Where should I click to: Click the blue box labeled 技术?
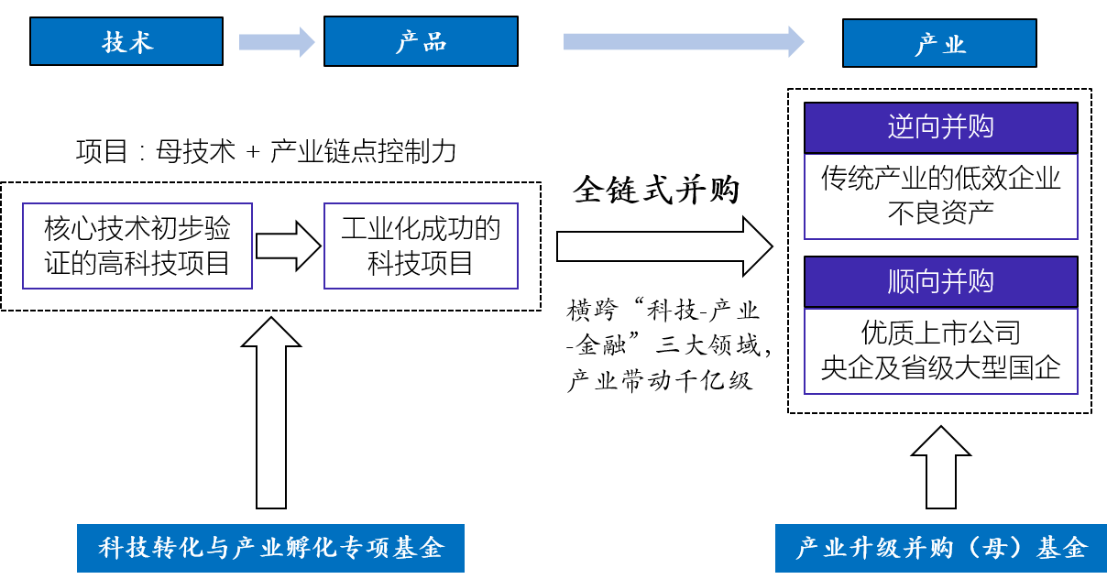click(126, 42)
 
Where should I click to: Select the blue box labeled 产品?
click(421, 42)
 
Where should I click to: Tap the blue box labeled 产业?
click(939, 43)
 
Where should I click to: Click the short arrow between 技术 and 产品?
click(276, 42)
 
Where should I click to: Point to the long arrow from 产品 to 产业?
click(683, 41)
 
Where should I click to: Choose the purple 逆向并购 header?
click(940, 127)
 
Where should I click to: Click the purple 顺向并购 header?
click(940, 281)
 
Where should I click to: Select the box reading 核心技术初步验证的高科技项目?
click(137, 246)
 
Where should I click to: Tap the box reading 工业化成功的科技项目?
click(421, 246)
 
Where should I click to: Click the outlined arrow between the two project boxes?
click(288, 246)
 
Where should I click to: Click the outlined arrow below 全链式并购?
click(665, 246)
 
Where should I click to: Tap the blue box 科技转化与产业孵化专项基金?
click(270, 548)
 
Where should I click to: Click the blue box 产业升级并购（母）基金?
click(940, 548)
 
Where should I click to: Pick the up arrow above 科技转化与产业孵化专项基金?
click(270, 412)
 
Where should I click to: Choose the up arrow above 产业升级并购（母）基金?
click(940, 467)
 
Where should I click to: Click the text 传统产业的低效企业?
click(940, 177)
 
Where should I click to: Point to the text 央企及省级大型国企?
click(940, 367)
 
